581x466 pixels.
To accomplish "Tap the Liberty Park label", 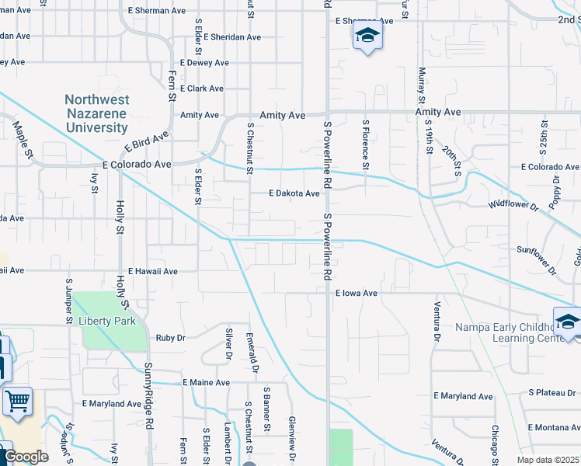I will [x=106, y=321].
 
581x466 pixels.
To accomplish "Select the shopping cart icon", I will [x=16, y=402].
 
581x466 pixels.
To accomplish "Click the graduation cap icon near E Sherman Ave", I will [x=367, y=35].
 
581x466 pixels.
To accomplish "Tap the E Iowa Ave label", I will [x=356, y=294].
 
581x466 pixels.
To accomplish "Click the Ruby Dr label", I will [x=170, y=338].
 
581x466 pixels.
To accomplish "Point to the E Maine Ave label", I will [x=206, y=383].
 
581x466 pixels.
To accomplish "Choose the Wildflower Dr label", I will [x=513, y=205].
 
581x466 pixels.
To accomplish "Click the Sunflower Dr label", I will [x=537, y=261].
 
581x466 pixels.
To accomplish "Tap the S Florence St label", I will [x=364, y=144].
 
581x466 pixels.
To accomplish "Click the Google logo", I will [x=26, y=457].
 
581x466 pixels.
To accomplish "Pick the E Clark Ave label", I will [x=201, y=89].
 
